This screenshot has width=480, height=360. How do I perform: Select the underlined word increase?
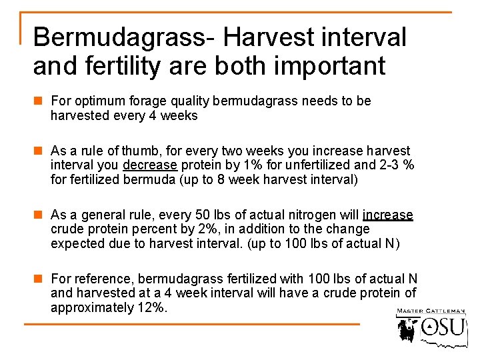coord(388,215)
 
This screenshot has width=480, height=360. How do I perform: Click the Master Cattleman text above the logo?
coord(431,311)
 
